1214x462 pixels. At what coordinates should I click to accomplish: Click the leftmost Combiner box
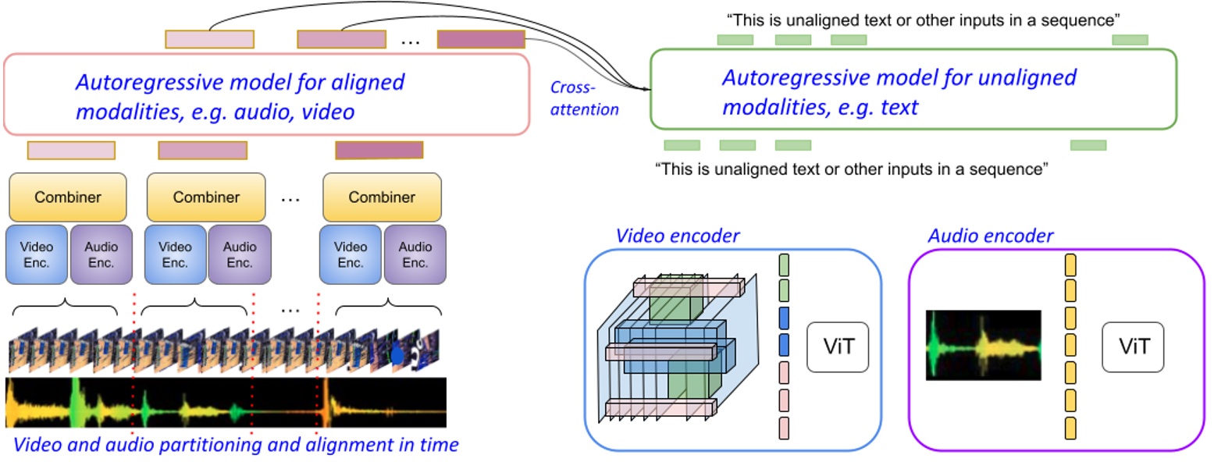[x=67, y=197]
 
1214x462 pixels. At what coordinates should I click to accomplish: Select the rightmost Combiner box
[x=382, y=197]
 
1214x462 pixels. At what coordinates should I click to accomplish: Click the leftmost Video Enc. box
[x=36, y=254]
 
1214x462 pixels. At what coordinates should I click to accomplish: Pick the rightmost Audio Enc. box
[x=415, y=254]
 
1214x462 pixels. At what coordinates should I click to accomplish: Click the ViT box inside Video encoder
[x=837, y=346]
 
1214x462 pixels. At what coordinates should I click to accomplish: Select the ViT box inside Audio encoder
[x=1133, y=346]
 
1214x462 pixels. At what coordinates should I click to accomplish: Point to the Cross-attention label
[x=584, y=98]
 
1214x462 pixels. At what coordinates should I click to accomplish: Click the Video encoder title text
[x=677, y=236]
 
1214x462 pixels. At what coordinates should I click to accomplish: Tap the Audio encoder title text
[x=990, y=236]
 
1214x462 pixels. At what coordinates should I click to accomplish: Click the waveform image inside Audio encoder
[x=983, y=345]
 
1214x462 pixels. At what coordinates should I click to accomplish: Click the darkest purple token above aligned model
[x=481, y=39]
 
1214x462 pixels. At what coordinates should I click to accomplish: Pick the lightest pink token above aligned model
[x=209, y=39]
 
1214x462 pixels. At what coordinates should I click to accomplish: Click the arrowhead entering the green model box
[x=646, y=88]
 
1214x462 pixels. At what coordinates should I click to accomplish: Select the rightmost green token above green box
[x=1130, y=40]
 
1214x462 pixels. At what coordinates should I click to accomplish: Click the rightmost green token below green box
[x=1088, y=145]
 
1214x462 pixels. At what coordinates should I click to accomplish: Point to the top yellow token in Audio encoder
[x=1071, y=264]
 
